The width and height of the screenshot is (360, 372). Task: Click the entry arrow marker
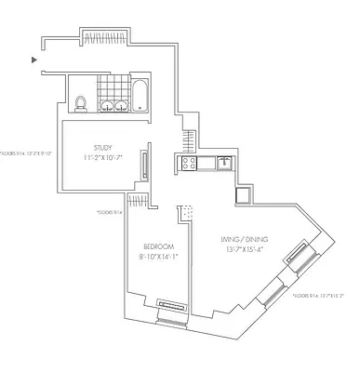[x=34, y=60]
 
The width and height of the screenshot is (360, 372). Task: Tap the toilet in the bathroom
[x=81, y=103]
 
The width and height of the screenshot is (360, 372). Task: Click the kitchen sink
[x=223, y=164]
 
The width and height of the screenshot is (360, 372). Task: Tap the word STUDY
[x=104, y=148]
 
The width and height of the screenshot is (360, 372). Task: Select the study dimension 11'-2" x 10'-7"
[x=104, y=159]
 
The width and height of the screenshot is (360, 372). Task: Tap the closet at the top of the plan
[x=97, y=37]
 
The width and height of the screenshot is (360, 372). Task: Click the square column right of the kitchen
[x=244, y=195]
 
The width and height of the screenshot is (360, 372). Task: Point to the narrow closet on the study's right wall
[x=144, y=167]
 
